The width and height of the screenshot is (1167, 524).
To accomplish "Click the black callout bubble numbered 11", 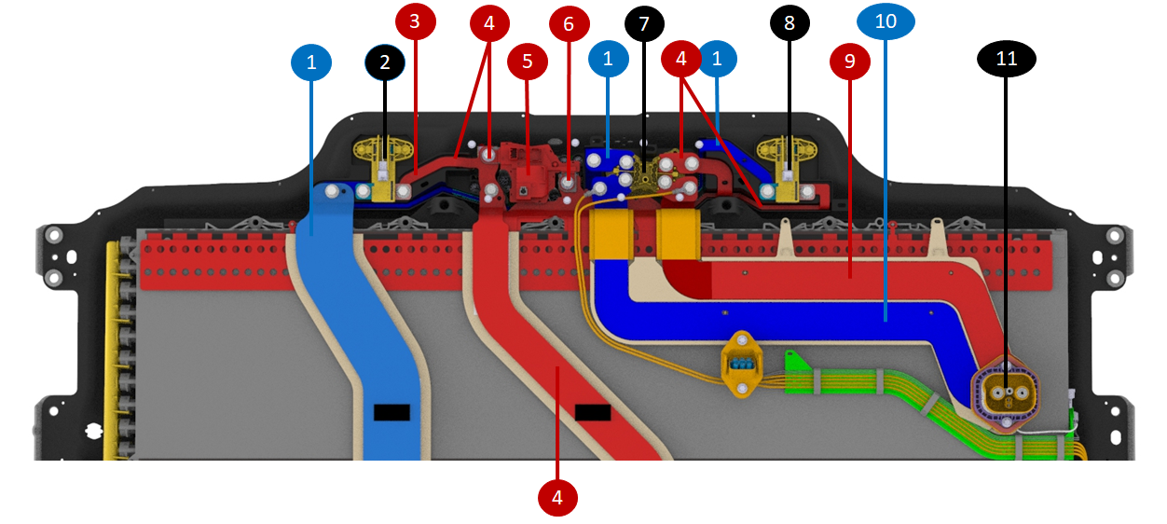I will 1006,60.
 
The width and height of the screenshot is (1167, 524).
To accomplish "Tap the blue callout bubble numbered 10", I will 886,21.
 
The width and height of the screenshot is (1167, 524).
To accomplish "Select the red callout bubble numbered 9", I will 849,62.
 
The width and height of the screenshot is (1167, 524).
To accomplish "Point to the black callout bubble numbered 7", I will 644,24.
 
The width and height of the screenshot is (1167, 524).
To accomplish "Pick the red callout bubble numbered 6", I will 569,24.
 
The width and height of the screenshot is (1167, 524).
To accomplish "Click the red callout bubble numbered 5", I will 527,62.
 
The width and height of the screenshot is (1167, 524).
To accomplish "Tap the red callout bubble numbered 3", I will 415,21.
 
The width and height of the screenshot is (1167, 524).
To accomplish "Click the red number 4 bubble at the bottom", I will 557,498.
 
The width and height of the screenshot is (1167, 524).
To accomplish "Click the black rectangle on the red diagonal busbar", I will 593,412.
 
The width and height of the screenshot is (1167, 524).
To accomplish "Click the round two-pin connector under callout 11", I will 1006,395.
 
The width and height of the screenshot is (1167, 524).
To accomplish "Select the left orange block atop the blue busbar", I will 611,234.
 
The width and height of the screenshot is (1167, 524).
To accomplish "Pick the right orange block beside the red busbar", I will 680,234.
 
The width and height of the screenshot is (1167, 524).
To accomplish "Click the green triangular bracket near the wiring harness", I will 793,360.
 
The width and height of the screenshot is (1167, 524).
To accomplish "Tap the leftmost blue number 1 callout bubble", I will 311,62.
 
